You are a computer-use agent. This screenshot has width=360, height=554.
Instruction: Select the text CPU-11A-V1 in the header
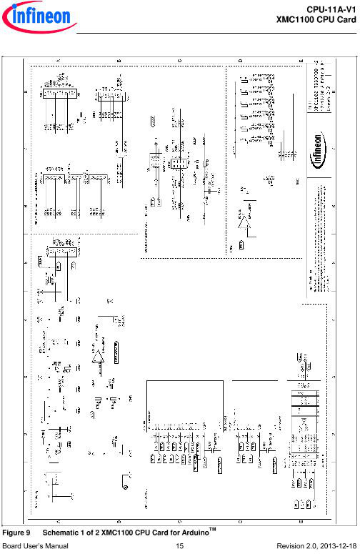tap(331, 7)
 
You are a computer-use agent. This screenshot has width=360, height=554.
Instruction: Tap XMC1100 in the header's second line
tap(296, 17)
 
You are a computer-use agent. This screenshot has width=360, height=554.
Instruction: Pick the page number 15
tap(179, 546)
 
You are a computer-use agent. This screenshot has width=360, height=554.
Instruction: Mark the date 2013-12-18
tap(338, 546)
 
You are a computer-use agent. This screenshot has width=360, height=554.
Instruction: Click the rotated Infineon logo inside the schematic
tap(321, 162)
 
